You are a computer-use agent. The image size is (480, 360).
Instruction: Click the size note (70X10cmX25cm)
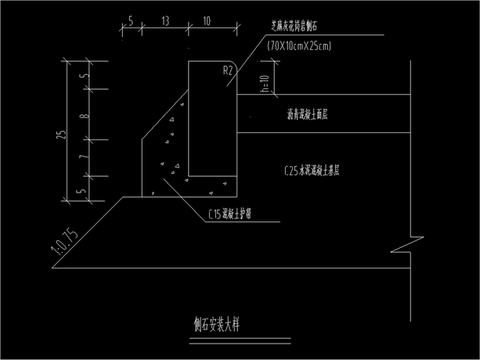[x=298, y=46]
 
